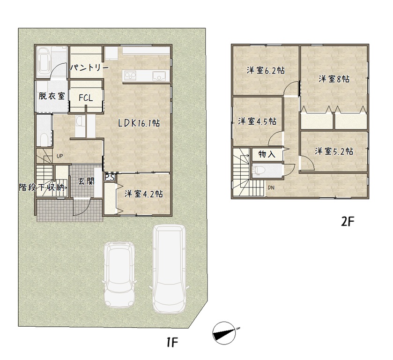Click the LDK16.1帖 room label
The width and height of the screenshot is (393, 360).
[x=139, y=123]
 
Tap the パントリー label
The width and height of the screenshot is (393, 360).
[x=89, y=67]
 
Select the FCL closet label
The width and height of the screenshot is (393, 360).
[x=86, y=97]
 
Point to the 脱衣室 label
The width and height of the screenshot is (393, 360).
[x=52, y=96]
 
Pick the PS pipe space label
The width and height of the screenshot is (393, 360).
[x=110, y=177]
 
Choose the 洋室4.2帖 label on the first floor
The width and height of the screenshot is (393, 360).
[x=144, y=194]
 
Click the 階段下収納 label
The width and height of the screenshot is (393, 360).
[x=43, y=187]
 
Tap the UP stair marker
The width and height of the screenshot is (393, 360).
[x=59, y=156]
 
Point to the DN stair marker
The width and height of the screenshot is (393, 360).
[x=271, y=187]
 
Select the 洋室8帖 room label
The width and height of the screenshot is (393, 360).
[x=334, y=79]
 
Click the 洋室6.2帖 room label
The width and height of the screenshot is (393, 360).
[x=266, y=70]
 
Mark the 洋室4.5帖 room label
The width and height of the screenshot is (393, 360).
[x=257, y=121]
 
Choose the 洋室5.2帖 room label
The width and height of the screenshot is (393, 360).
[x=334, y=151]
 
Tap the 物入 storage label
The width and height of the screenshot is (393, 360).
[x=267, y=154]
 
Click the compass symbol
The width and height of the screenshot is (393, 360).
[x=224, y=333]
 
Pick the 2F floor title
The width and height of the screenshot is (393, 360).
[x=348, y=221]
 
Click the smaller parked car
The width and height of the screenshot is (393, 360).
[x=119, y=274]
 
